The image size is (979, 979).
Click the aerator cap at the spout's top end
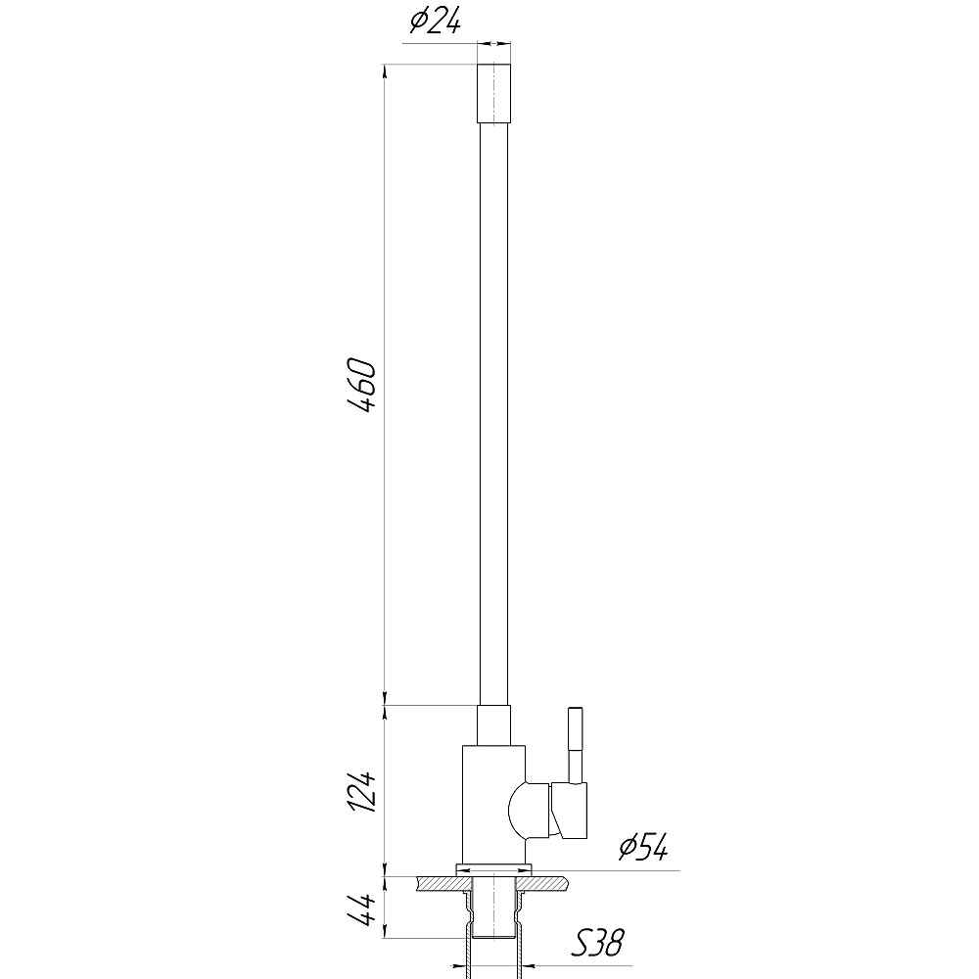[493, 94]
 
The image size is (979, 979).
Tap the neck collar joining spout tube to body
[493, 725]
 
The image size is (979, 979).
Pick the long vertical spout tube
[493, 411]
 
